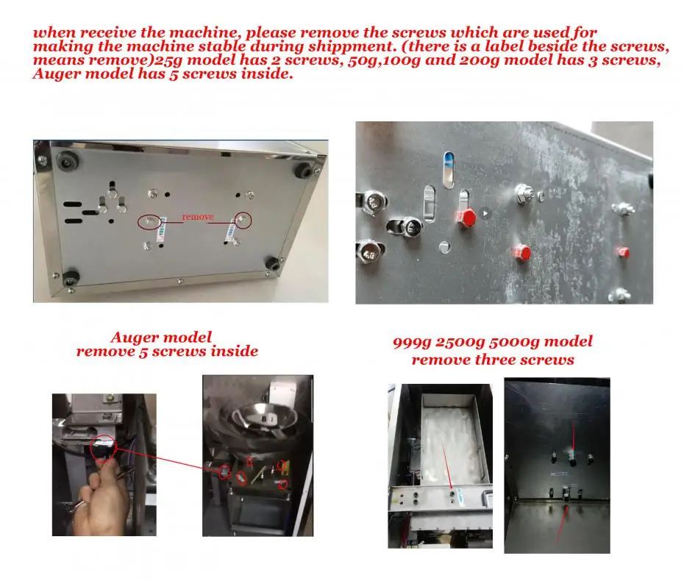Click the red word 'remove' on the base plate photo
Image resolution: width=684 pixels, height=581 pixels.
click(198, 217)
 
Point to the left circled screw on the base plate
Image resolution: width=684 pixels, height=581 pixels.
click(149, 221)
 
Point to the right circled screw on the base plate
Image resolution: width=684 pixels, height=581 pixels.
click(243, 221)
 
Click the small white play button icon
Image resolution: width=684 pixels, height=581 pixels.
click(485, 213)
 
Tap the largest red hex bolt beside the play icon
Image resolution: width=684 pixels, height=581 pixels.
click(466, 217)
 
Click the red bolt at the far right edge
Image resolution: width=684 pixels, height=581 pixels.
click(622, 252)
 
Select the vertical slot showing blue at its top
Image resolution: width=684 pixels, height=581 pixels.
click(449, 170)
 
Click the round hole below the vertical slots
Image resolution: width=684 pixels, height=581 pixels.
click(444, 247)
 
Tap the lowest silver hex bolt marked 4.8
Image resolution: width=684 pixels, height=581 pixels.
click(368, 252)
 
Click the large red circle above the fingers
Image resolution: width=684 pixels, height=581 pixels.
click(104, 447)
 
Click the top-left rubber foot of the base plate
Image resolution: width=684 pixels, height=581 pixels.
click(66, 161)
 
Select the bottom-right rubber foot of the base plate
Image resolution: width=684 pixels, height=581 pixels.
click(273, 263)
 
